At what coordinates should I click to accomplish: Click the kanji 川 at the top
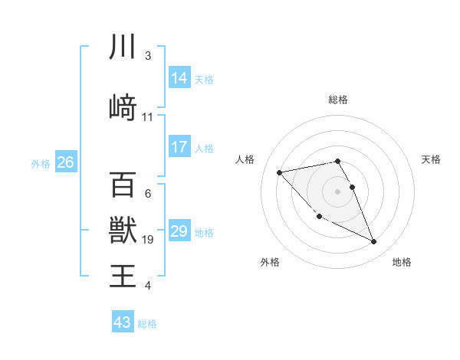[123, 47]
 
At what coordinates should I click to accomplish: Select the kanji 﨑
[123, 106]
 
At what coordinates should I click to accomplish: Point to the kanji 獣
[123, 229]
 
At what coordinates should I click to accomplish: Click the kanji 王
[123, 275]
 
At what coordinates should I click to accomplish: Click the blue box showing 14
[179, 77]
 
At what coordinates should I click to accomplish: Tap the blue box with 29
[179, 231]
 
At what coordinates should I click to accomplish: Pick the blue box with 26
[65, 162]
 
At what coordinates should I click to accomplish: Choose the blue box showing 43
[123, 322]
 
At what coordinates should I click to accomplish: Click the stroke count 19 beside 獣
[148, 240]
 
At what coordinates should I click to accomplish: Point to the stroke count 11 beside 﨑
[148, 117]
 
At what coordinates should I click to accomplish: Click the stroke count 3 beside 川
[148, 56]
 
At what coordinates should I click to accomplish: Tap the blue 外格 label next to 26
[41, 163]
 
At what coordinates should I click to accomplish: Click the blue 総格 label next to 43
[147, 323]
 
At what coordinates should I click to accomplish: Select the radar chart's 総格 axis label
[337, 100]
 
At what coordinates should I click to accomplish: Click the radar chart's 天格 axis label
[431, 159]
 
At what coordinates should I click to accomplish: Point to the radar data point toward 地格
[374, 242]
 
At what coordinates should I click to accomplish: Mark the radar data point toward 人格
[279, 172]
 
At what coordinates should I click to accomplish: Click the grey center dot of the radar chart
[337, 191]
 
